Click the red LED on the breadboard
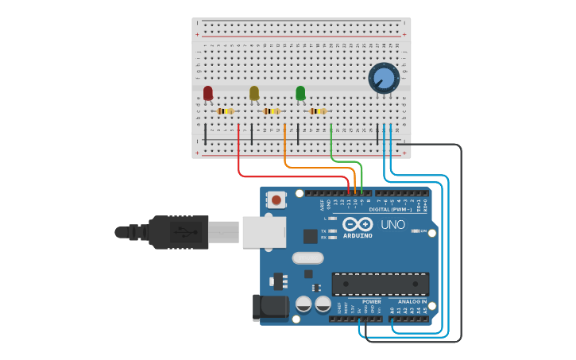208,93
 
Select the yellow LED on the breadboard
254,93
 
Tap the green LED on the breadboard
300,93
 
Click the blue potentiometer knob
384,78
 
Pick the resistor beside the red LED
226,111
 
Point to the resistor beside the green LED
318,111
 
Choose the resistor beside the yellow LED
272,111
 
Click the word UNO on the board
392,225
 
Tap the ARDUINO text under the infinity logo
358,235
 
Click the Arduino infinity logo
358,224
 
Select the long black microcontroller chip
380,284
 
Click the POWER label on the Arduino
371,302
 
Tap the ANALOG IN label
412,302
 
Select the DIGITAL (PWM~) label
396,209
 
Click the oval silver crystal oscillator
307,257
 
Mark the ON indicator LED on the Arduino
415,231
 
